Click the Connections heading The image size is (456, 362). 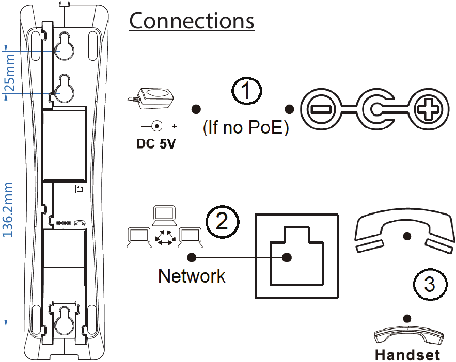click(192, 22)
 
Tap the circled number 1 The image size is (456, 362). click(246, 92)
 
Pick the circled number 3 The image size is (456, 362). click(429, 284)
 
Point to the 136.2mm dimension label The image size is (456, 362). click(9, 209)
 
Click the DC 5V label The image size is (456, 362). click(156, 144)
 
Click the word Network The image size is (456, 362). click(192, 276)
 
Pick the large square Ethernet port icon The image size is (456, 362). click(297, 256)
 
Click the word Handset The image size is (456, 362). click(407, 355)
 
